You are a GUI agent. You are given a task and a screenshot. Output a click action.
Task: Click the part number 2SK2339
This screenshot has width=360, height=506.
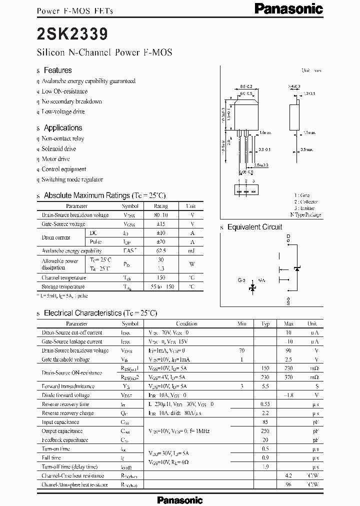(71, 34)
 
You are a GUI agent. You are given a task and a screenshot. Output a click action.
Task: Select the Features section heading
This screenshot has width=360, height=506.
(57, 70)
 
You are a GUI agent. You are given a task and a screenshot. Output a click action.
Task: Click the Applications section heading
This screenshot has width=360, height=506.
(62, 128)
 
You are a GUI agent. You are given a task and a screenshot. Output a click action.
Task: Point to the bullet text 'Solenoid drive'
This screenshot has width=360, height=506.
(59, 148)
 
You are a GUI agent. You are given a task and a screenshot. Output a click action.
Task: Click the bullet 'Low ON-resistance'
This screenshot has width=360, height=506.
(64, 91)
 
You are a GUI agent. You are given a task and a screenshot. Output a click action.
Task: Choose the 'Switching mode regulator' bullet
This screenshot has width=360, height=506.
(72, 179)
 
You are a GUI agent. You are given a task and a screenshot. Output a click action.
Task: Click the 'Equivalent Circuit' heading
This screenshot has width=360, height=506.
(254, 227)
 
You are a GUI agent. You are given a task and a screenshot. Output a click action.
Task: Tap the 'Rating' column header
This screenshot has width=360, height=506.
(160, 206)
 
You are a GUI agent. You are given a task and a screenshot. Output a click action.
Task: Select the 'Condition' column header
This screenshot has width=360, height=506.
(186, 324)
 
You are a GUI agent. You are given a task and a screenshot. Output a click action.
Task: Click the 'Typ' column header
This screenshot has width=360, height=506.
(266, 324)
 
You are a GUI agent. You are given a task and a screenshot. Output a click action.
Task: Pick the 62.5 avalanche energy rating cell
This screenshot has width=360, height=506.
(160, 251)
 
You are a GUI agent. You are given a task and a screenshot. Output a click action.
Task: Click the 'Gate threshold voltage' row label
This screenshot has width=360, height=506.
(66, 359)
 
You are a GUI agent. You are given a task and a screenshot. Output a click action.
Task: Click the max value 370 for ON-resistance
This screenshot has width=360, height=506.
(288, 377)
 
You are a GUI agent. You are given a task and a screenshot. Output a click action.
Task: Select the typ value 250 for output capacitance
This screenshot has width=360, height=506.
(266, 431)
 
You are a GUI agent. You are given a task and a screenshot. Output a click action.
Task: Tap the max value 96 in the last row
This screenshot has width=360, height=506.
(288, 484)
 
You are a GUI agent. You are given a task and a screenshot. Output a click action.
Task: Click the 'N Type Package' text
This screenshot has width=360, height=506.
(305, 214)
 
